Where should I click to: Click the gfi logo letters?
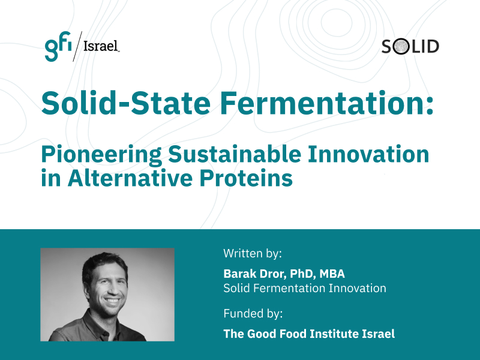(58, 46)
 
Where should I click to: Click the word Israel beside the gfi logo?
(101, 46)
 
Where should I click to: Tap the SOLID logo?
(410, 47)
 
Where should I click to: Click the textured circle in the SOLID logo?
(401, 47)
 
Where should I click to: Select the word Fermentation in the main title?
(326, 103)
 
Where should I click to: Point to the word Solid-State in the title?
(125, 103)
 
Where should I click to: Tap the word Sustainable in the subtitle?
(235, 154)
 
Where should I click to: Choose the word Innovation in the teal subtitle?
(368, 154)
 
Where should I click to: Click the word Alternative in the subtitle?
(130, 178)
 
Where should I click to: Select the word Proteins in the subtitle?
(246, 178)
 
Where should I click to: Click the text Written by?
(253, 254)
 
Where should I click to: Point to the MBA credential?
(332, 274)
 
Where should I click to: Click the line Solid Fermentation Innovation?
(305, 289)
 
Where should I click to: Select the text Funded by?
(253, 314)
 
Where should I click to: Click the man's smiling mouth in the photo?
(112, 301)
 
